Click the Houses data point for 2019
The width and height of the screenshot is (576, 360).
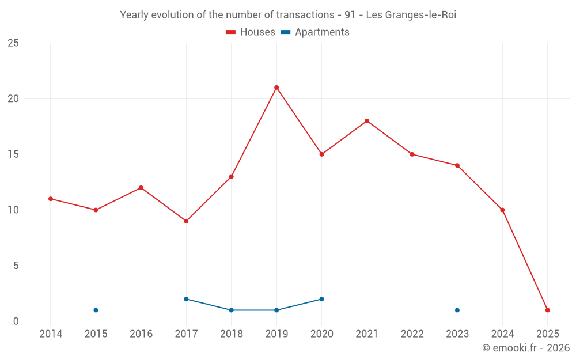click(276, 88)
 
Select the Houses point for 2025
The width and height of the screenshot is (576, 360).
click(548, 310)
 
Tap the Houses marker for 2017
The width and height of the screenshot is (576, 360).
click(186, 221)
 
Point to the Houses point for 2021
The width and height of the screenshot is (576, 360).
click(367, 121)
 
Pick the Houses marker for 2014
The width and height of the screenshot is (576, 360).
click(51, 199)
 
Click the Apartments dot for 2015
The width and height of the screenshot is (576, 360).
click(96, 310)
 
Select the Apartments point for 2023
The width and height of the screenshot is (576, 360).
click(457, 310)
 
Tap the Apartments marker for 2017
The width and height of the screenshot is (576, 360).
click(186, 299)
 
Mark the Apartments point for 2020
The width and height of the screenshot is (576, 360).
click(322, 299)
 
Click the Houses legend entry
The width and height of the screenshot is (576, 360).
click(251, 32)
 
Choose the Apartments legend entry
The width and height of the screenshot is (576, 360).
click(315, 32)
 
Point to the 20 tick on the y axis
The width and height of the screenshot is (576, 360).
click(13, 98)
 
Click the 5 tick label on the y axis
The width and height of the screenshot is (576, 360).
click(16, 266)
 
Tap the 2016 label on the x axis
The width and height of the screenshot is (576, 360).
click(141, 334)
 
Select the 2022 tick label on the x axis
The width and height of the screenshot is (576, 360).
click(412, 334)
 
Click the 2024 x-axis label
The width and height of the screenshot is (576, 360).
click(503, 334)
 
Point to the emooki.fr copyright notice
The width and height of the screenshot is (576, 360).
click(526, 348)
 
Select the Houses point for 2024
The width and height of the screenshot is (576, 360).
click(503, 210)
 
